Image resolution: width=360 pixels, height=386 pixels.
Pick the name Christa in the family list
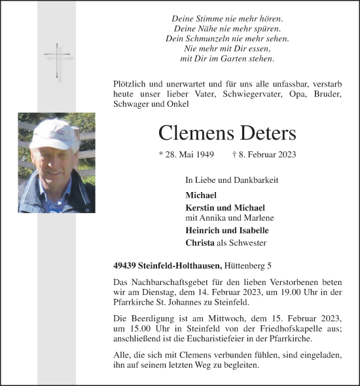199,242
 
